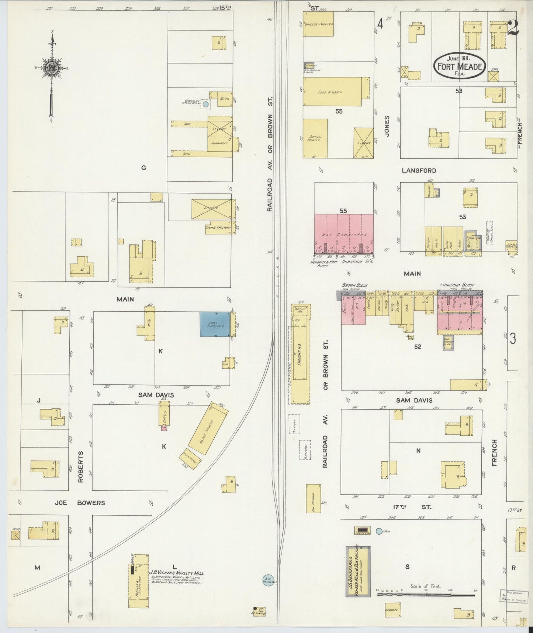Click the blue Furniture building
[x=215, y=324]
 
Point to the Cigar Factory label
[x=218, y=227]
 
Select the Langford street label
[x=419, y=171]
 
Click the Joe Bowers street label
[x=80, y=503]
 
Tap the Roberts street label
[x=80, y=466]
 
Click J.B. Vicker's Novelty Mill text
[x=176, y=573]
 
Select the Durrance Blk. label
[x=361, y=261]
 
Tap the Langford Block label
[x=457, y=285]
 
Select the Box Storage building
[x=313, y=499]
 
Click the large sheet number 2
[x=513, y=27]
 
